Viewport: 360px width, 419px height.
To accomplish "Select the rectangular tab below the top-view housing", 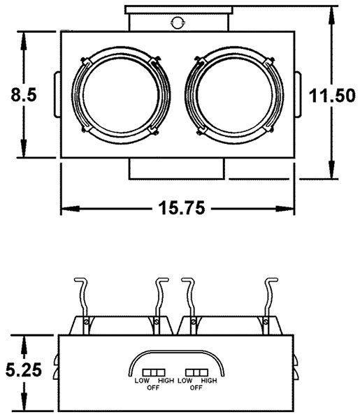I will click(178, 168).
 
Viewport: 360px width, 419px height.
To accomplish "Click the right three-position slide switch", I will click(196, 369).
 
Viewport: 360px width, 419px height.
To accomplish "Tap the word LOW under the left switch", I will click(142, 381).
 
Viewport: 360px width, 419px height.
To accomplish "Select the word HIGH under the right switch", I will click(209, 381).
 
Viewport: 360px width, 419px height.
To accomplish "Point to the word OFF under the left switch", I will click(153, 387).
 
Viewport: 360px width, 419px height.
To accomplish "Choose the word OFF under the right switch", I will click(196, 387).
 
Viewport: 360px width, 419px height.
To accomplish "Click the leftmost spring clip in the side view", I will click(82, 300).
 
